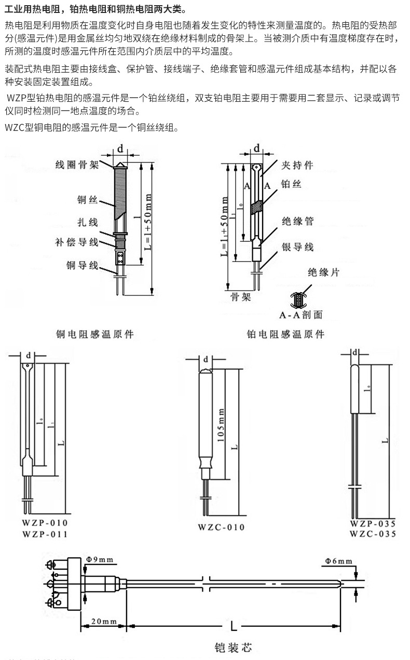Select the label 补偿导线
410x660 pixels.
point(77,242)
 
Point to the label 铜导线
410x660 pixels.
point(82,265)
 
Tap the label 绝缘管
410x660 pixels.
point(297,221)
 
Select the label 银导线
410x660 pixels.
point(297,246)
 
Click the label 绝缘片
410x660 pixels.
point(323,272)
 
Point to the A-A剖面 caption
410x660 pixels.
point(301,315)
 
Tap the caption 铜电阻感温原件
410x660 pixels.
point(95,335)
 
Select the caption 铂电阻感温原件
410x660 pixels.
point(285,335)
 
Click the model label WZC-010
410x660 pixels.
point(221,528)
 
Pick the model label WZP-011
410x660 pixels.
point(45,533)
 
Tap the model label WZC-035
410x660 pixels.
point(373,534)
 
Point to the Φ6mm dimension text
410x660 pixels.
point(338,561)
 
